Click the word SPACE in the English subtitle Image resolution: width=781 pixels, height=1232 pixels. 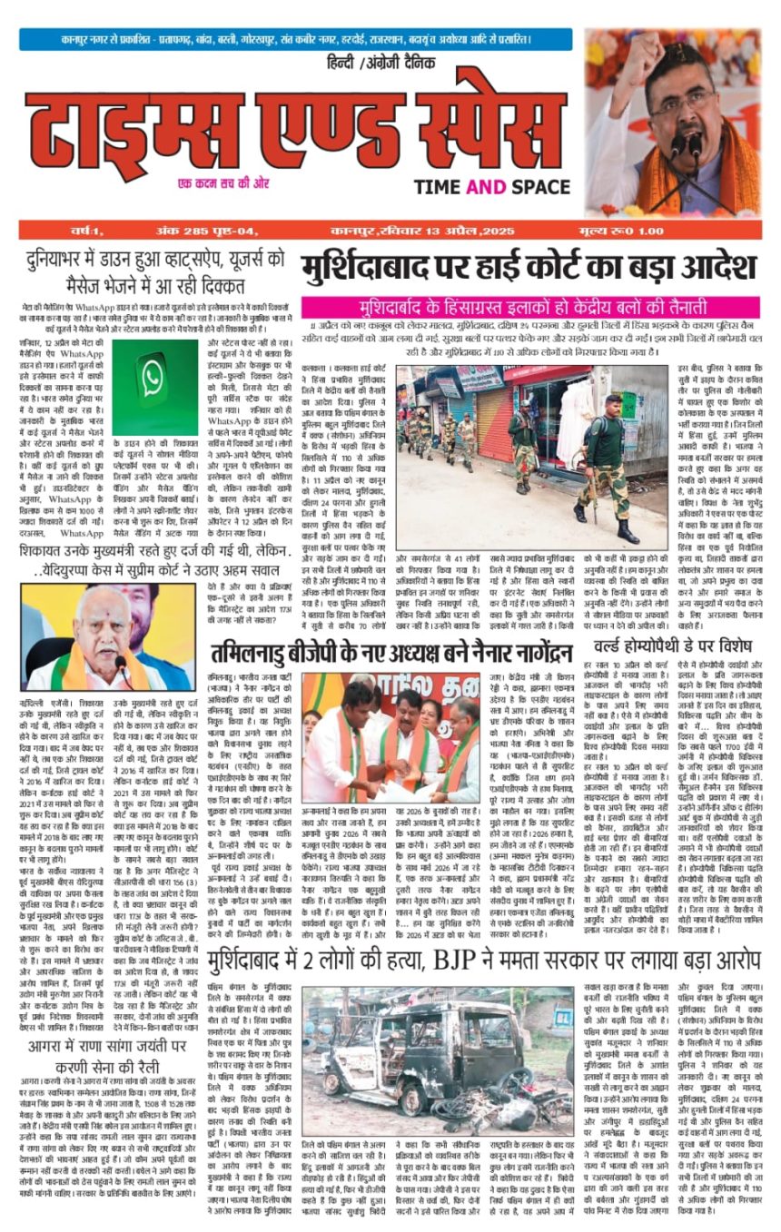tap(537, 187)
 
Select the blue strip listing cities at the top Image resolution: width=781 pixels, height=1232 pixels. tap(296, 40)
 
